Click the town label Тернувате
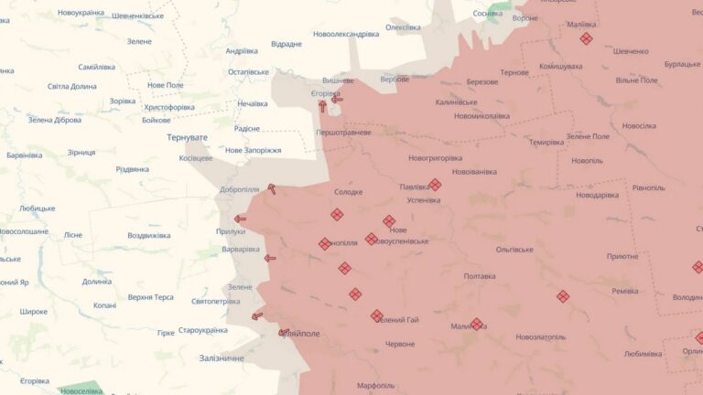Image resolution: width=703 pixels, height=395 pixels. point(187,137)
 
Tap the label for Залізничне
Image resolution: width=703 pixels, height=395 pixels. point(222,358)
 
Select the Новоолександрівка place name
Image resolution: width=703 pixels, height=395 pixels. point(345,34)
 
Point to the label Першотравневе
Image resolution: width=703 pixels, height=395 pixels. point(343,133)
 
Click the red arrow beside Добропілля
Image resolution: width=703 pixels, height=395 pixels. point(271,189)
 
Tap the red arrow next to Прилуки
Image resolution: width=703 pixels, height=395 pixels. point(240,219)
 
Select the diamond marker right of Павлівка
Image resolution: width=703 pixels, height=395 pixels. point(435,185)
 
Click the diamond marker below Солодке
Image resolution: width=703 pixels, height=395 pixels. point(337,215)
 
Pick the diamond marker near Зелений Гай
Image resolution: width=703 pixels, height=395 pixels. point(376,315)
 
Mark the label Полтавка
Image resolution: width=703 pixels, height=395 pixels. point(480,276)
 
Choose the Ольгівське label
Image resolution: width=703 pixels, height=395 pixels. point(514,249)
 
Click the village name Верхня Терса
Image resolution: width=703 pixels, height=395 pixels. point(151,297)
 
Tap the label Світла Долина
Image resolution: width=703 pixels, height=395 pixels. point(71,86)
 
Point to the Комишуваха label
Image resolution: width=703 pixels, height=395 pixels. point(561,66)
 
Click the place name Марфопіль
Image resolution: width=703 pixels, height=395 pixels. point(375,385)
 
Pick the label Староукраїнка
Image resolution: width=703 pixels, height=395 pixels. point(202,330)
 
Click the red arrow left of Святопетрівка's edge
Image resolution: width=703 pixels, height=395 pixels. point(257,316)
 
